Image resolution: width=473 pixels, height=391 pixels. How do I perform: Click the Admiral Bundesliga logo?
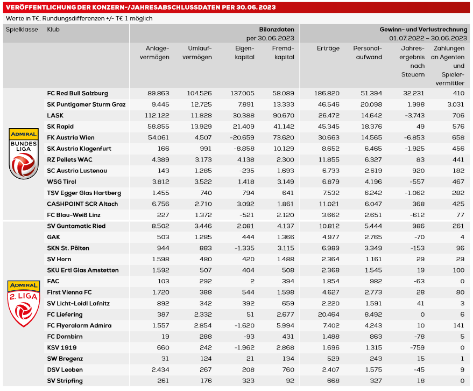[24, 153]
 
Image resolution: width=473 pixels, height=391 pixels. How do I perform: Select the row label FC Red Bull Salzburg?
[77, 93]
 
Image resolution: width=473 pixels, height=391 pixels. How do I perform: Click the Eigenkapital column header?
[245, 53]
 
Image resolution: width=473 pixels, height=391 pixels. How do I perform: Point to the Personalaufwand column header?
[368, 53]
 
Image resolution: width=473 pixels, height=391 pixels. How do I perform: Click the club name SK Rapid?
[59, 127]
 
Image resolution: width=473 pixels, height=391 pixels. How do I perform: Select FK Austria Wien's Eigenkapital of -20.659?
[242, 137]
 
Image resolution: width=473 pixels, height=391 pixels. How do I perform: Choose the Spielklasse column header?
[22, 30]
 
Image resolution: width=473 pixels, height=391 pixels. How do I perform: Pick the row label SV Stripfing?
[65, 381]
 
